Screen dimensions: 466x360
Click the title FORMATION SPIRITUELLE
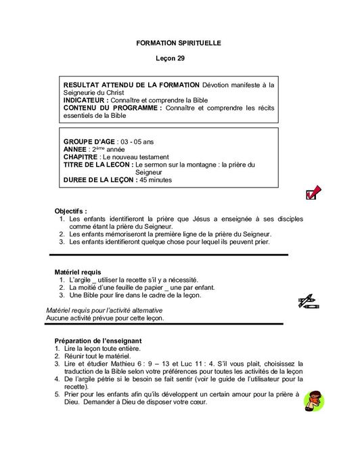click(179, 43)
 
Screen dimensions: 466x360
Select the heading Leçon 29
click(179, 59)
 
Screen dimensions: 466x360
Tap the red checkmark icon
click(313, 194)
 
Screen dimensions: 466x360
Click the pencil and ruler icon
click(307, 301)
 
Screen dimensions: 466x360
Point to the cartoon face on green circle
click(312, 402)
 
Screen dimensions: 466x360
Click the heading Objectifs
click(71, 211)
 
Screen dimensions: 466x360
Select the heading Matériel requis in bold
click(78, 272)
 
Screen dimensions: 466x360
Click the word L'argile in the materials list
click(83, 279)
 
